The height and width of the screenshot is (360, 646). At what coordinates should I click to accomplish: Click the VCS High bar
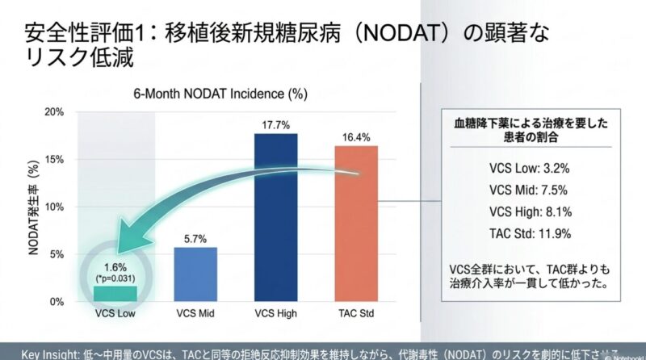coord(275,217)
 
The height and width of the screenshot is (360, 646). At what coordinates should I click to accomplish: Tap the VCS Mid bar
coord(195,274)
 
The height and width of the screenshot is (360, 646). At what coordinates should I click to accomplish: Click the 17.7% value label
coord(275,124)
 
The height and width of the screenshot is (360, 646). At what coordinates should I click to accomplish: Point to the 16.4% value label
coord(356,136)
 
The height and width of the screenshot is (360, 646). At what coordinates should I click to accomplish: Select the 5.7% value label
coord(195,239)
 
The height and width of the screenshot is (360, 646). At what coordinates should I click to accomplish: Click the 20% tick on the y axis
coord(53,112)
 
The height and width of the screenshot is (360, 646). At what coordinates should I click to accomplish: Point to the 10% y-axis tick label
coord(53,207)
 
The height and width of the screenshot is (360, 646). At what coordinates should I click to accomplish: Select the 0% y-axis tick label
coord(56,302)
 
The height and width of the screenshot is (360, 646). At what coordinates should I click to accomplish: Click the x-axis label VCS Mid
coord(195,312)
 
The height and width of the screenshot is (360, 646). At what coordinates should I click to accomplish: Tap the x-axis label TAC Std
coord(356,312)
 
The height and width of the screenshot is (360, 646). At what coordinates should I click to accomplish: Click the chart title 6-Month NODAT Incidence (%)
coord(220,94)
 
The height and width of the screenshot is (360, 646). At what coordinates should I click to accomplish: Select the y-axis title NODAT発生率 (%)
coord(33,206)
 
